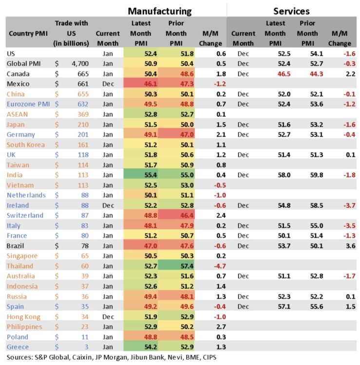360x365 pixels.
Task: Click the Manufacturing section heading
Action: (x=160, y=11)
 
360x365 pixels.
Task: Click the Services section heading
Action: (x=291, y=11)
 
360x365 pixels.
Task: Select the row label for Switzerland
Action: (x=25, y=216)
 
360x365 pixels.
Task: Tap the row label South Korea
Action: (x=26, y=145)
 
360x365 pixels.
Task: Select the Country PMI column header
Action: (x=25, y=34)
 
